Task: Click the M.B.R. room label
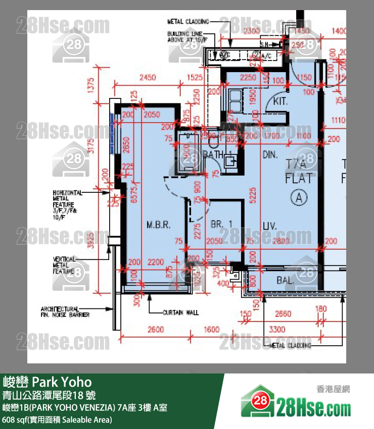[158, 225]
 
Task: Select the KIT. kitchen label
[280, 101]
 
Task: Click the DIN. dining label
[270, 154]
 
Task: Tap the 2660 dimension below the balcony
[283, 314]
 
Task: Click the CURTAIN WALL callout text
[180, 312]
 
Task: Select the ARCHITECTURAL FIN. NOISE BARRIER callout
[65, 311]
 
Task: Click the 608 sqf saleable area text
[57, 419]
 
